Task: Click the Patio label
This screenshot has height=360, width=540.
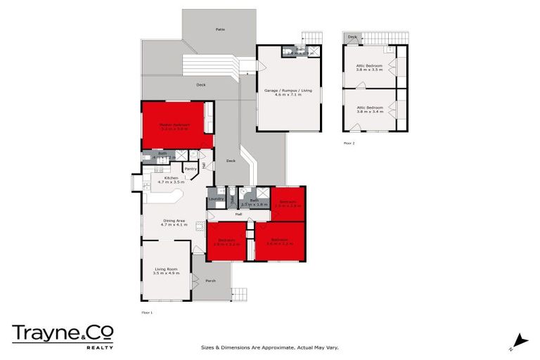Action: click(x=220, y=30)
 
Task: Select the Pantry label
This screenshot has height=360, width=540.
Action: click(x=190, y=169)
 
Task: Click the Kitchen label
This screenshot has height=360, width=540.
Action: click(x=171, y=178)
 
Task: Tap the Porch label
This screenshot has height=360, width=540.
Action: click(x=210, y=281)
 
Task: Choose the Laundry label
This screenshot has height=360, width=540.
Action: click(x=216, y=199)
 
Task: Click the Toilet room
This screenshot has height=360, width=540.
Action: click(x=231, y=196)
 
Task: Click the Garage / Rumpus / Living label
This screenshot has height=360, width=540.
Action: click(x=288, y=91)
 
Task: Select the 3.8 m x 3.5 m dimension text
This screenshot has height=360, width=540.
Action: click(x=369, y=70)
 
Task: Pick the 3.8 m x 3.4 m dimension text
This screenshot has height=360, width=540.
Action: click(x=369, y=112)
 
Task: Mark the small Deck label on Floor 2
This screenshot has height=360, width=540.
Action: click(x=352, y=37)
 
